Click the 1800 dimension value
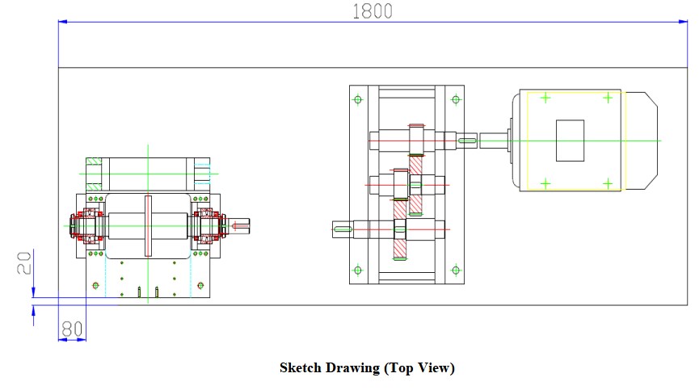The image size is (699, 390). pos(373,10)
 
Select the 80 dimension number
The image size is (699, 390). pos(72,328)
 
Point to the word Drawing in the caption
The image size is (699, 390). pos(353,368)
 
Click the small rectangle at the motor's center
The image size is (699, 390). pos(570,140)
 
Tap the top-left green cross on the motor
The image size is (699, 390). pos(545,99)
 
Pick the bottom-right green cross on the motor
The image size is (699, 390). pos(606,183)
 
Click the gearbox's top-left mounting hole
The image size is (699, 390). pos(358,100)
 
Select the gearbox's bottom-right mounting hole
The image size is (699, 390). pos(455,270)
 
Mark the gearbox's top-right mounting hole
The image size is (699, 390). pos(455,100)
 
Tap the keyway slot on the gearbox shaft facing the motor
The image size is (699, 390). pos(468,140)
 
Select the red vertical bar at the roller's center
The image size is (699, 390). pos(148,224)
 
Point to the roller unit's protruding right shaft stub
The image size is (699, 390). pos(242,224)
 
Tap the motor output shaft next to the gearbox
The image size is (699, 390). pos(494,140)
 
